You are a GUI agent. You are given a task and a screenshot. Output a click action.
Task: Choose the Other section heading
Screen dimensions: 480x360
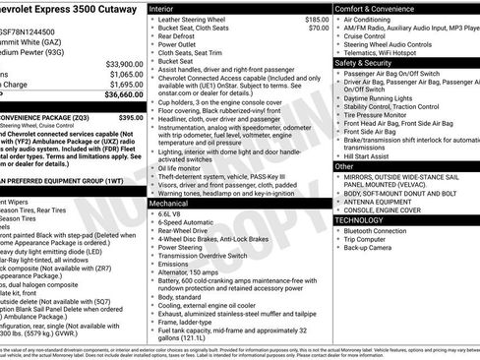pos(344,166)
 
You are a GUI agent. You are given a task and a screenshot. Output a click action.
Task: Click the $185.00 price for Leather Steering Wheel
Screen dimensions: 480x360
pos(317,19)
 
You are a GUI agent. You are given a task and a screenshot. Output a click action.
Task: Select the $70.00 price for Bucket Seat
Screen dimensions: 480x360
pos(319,28)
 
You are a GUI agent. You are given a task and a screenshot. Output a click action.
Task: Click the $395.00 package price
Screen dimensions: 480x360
pos(130,117)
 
